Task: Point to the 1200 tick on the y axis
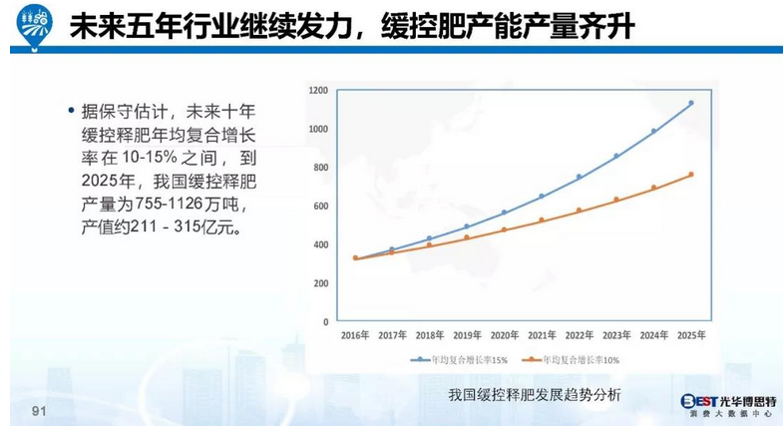pos(318,91)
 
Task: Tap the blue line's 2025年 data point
pos(690,104)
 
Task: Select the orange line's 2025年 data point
pos(690,175)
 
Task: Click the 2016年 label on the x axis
pos(355,336)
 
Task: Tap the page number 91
pos(40,411)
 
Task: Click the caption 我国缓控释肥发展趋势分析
pos(535,394)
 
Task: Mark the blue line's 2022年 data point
pos(579,178)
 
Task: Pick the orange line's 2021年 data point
pos(542,220)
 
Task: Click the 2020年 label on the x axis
pos(504,336)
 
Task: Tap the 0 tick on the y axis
pos(325,322)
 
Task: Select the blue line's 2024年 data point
pos(653,131)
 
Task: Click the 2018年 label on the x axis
pos(430,336)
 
